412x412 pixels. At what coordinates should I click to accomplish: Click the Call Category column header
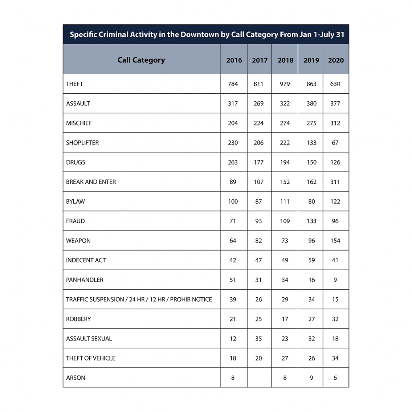[141, 60]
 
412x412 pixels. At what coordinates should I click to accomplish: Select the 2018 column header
[285, 60]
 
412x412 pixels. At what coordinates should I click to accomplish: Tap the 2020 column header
[336, 60]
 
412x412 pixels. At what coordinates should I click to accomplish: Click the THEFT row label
[74, 84]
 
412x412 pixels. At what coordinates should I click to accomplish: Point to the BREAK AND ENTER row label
[91, 182]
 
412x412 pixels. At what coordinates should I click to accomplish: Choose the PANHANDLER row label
[84, 280]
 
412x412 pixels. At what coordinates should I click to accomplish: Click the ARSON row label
[76, 378]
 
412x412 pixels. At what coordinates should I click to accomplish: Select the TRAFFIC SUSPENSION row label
[139, 299]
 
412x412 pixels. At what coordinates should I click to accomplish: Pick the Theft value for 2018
[285, 84]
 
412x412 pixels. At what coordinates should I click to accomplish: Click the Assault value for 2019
[311, 103]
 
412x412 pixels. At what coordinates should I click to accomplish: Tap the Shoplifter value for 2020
[335, 143]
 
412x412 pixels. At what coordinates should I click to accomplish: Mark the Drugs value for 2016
[233, 162]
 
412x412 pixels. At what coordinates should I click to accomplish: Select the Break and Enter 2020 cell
[335, 182]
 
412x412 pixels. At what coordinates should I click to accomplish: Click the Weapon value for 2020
[335, 241]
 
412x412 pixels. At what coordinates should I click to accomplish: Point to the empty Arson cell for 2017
[259, 378]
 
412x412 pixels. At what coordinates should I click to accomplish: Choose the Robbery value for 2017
[258, 319]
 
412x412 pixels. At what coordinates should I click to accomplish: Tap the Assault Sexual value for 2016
[233, 338]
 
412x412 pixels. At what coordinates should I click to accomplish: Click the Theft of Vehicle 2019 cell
[311, 358]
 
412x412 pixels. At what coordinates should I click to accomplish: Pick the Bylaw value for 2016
[233, 201]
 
